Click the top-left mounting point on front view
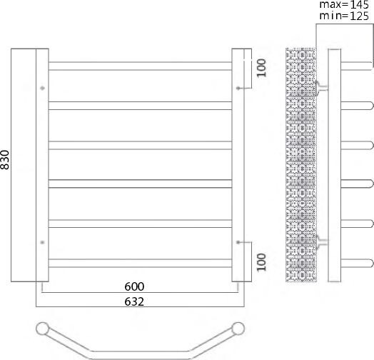pyautogui.click(x=43, y=89)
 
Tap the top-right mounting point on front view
pyautogui.click(x=238, y=89)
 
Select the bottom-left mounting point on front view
pyautogui.click(x=43, y=241)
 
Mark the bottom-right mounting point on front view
pyautogui.click(x=238, y=241)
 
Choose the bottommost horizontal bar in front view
pyautogui.click(x=140, y=263)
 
